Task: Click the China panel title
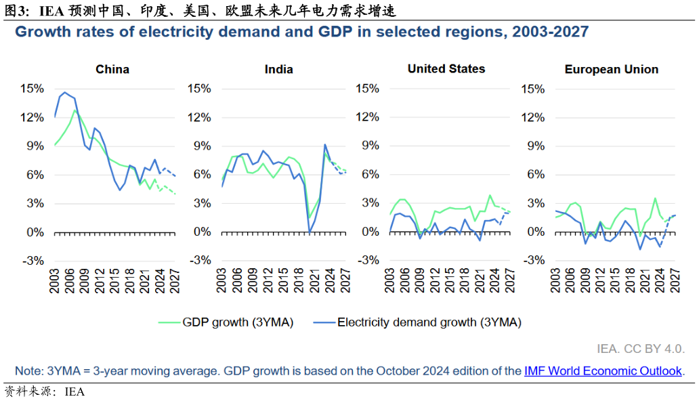tap(112, 69)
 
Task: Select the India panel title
tap(279, 69)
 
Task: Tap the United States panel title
tap(446, 68)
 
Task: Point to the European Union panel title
tap(612, 69)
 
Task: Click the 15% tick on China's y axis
tap(32, 88)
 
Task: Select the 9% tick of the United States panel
tap(366, 146)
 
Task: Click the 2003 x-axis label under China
tap(55, 280)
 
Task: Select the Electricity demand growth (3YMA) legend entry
tap(429, 322)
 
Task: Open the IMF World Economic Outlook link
tap(603, 371)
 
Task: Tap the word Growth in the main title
tap(41, 31)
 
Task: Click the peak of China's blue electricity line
tap(65, 92)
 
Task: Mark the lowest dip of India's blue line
tap(309, 232)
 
